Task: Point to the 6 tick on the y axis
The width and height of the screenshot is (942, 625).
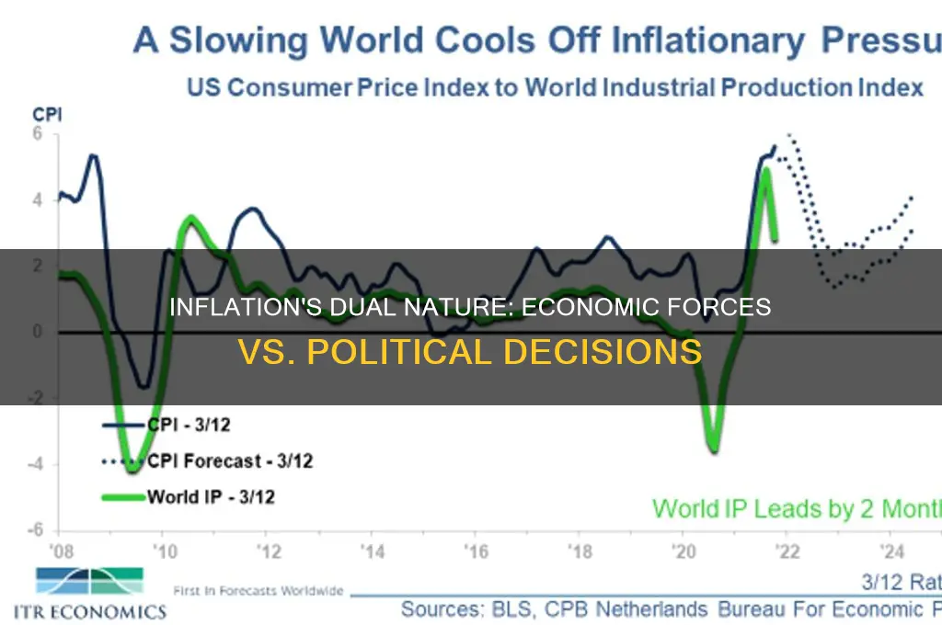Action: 40,132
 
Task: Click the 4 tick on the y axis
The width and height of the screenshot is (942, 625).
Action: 40,199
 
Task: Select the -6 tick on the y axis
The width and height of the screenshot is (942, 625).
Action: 36,531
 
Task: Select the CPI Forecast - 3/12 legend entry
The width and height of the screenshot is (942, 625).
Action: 229,461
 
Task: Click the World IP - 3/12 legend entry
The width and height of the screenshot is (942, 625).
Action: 211,497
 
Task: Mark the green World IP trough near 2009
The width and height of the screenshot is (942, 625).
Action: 132,469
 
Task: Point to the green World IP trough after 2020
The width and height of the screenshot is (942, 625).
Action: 714,448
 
